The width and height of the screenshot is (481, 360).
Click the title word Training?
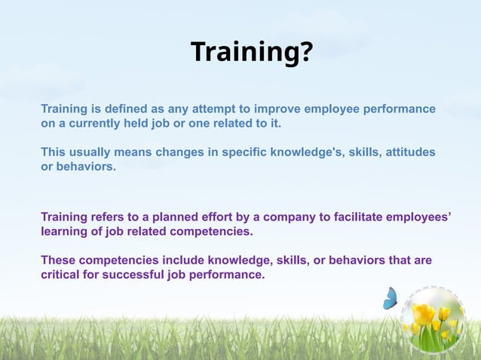[250, 52]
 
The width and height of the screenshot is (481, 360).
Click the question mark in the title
[303, 52]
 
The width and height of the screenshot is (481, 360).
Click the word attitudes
[410, 152]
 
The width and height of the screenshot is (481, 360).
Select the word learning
[65, 231]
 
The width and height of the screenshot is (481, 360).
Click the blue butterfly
[390, 299]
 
